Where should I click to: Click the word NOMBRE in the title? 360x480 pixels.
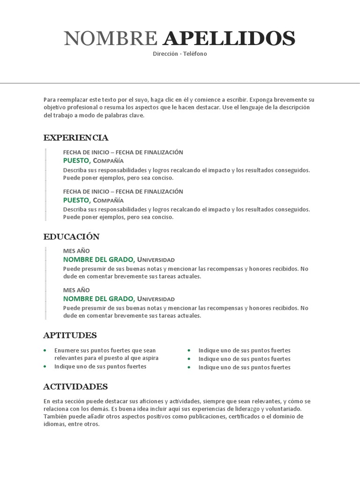pyautogui.click(x=111, y=38)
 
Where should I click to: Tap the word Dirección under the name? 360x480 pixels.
pyautogui.click(x=165, y=54)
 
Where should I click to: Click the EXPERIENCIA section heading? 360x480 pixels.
pyautogui.click(x=76, y=138)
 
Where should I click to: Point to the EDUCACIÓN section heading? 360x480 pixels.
pyautogui.click(x=72, y=237)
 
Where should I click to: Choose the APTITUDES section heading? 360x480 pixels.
pyautogui.click(x=70, y=335)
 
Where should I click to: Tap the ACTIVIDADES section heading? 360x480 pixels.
pyautogui.click(x=75, y=387)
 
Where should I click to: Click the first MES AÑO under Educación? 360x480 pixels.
pyautogui.click(x=76, y=251)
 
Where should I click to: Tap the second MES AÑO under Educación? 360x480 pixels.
pyautogui.click(x=76, y=290)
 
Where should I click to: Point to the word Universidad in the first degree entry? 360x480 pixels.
pyautogui.click(x=156, y=260)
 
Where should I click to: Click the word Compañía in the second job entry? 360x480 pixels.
pyautogui.click(x=108, y=201)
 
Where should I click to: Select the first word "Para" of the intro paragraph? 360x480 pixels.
pyautogui.click(x=50, y=100)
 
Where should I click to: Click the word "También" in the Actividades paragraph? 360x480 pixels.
pyautogui.click(x=55, y=416)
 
